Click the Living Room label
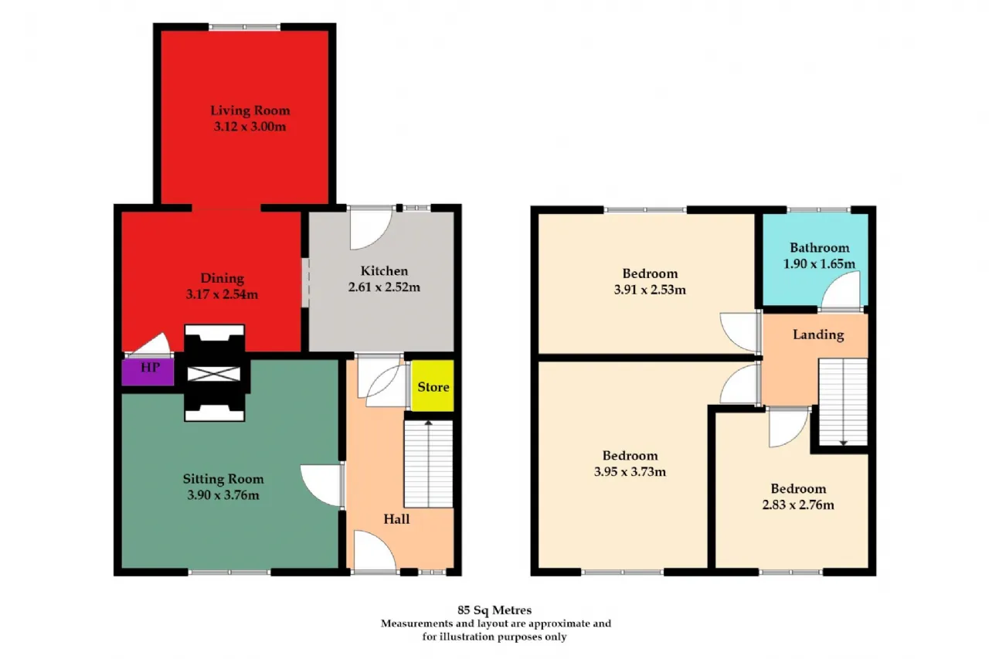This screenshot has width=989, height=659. [250, 110]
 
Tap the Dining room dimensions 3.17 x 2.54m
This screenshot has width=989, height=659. [222, 294]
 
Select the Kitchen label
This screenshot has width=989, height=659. [384, 270]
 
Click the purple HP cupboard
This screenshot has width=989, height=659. [148, 372]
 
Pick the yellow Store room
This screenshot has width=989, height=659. [432, 386]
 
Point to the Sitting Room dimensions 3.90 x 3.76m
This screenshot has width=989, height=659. [223, 495]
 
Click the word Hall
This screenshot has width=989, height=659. [396, 519]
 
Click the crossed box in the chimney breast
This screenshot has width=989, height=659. [214, 374]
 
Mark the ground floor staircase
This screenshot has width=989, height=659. [429, 464]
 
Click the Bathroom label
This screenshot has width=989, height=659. [820, 248]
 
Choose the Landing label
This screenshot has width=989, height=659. [818, 335]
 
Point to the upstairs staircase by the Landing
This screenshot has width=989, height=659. [843, 402]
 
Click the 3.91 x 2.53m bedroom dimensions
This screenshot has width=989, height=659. [650, 290]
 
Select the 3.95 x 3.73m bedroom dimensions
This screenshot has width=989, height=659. [630, 472]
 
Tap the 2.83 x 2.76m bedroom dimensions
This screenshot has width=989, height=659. [798, 505]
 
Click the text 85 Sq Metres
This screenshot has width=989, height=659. [494, 610]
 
